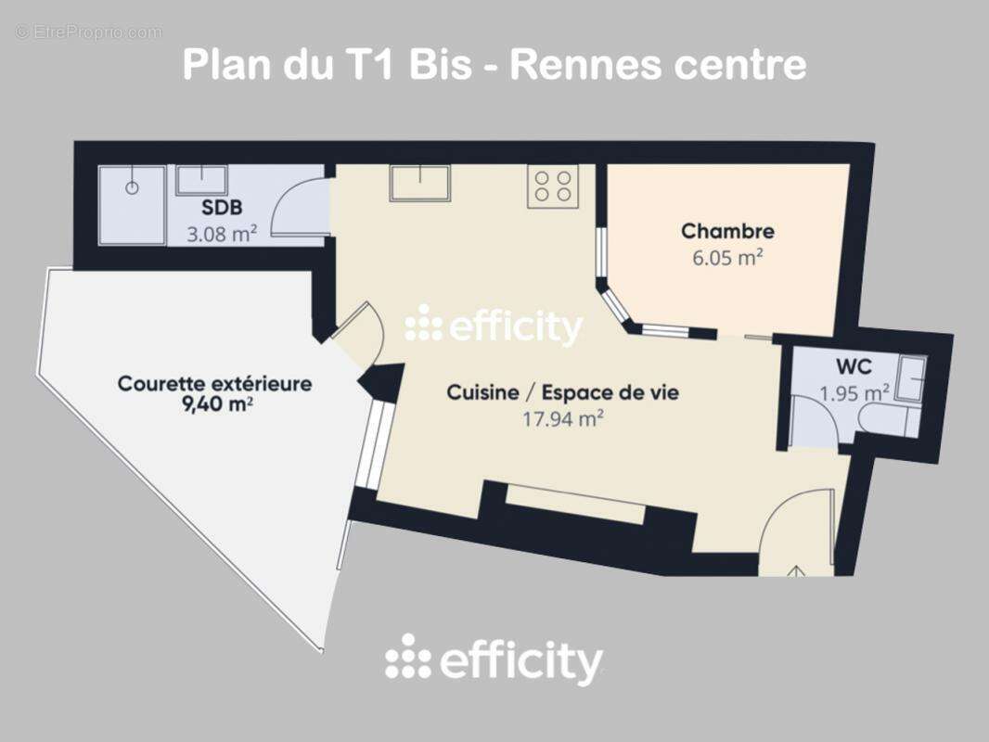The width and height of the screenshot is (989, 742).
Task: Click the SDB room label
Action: [x=223, y=209]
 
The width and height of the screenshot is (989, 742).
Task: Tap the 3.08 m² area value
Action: [x=223, y=234]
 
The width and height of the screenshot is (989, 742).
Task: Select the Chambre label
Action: [x=727, y=231]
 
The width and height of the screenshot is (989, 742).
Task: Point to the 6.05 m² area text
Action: [x=727, y=258]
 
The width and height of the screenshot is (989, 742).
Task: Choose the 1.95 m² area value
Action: [x=854, y=393]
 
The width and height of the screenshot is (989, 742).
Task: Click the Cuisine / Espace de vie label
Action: [x=562, y=392]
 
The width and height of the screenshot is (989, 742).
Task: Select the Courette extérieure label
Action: [x=214, y=383]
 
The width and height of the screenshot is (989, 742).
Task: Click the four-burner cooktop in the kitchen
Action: [x=553, y=185]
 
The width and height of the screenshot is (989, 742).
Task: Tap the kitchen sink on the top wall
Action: [x=419, y=183]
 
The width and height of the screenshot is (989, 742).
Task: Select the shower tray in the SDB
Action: [x=133, y=205]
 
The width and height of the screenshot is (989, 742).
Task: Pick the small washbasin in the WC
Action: [x=910, y=378]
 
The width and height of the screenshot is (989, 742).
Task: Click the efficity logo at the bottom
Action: [x=494, y=660]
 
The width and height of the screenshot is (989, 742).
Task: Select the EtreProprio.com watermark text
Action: [x=89, y=32]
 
